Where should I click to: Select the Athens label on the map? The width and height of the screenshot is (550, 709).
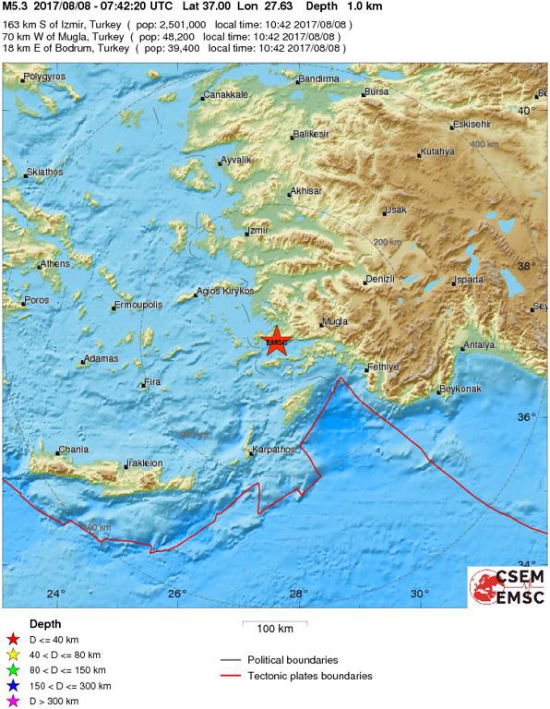click(54, 265)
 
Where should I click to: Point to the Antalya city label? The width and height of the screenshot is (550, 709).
click(479, 345)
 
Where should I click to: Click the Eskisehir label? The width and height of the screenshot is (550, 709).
click(471, 125)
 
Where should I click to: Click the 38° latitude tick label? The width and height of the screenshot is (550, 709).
click(526, 266)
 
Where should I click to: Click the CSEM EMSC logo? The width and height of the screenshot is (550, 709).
click(507, 586)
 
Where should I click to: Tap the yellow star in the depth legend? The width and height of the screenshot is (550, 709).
click(12, 654)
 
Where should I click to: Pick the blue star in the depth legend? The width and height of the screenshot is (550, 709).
click(12, 685)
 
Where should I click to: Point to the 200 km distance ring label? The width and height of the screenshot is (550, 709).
click(388, 242)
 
